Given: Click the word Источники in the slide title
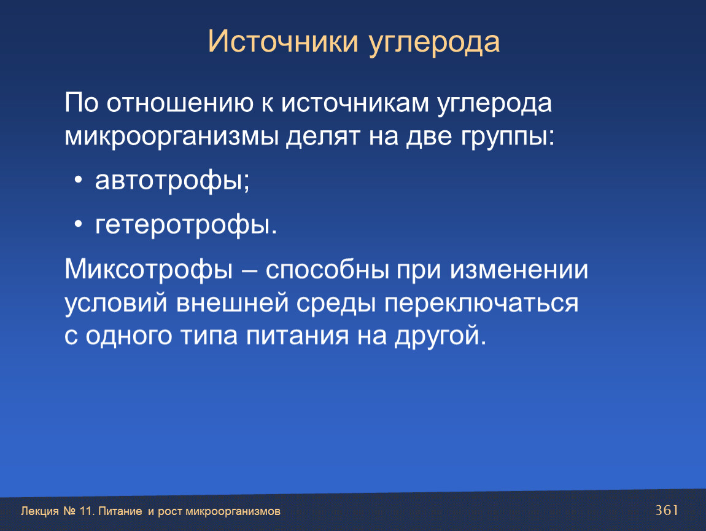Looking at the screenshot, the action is coord(283,41).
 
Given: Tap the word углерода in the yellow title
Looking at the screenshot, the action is coord(434,43).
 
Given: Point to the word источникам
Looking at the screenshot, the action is coord(355,103).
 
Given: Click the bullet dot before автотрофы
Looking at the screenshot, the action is coord(79,180).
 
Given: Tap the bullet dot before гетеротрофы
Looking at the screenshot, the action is coord(79,224).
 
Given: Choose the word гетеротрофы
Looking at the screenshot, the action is coord(182,225).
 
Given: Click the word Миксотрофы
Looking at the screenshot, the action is coord(149,270).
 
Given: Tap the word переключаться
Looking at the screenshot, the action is coord(481,303).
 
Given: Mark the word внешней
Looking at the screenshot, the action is coord(232,303).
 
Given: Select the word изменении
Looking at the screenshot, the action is coord(519,270).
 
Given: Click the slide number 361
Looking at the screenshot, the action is coord(667,510).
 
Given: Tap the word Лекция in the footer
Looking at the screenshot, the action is coord(40,511).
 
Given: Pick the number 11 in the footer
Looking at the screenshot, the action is coord(86,511).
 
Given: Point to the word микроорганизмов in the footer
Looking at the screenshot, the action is coord(233,511).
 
